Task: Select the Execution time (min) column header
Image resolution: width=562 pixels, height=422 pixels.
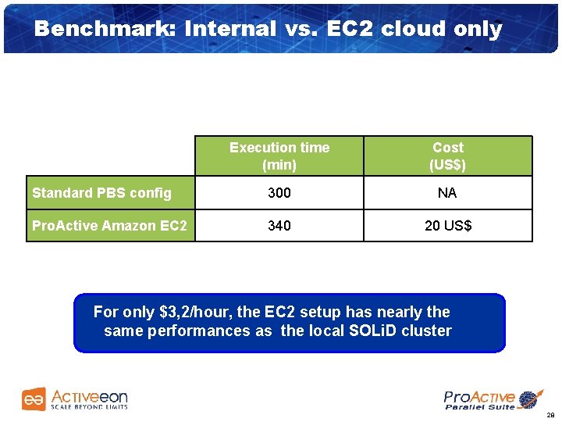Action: click(279, 156)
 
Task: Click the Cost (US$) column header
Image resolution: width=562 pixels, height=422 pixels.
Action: click(447, 156)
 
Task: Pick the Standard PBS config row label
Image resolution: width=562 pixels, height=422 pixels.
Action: click(101, 192)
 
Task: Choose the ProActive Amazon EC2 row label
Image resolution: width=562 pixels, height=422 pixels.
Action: click(109, 226)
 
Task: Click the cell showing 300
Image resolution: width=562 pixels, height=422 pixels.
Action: click(279, 192)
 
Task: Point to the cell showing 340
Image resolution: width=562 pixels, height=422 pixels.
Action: click(279, 226)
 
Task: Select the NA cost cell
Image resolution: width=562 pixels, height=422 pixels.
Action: click(447, 192)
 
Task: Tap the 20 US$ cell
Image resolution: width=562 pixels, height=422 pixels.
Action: click(447, 226)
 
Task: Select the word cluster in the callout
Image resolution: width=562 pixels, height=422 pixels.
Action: click(427, 331)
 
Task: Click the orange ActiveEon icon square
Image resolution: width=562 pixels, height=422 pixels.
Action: click(34, 399)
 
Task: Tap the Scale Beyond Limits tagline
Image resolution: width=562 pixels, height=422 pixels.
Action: click(88, 407)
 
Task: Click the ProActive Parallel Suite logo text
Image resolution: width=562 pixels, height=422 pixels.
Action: click(478, 400)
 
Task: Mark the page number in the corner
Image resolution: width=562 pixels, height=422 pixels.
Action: click(550, 415)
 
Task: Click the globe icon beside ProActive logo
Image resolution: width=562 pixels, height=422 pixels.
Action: click(530, 399)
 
